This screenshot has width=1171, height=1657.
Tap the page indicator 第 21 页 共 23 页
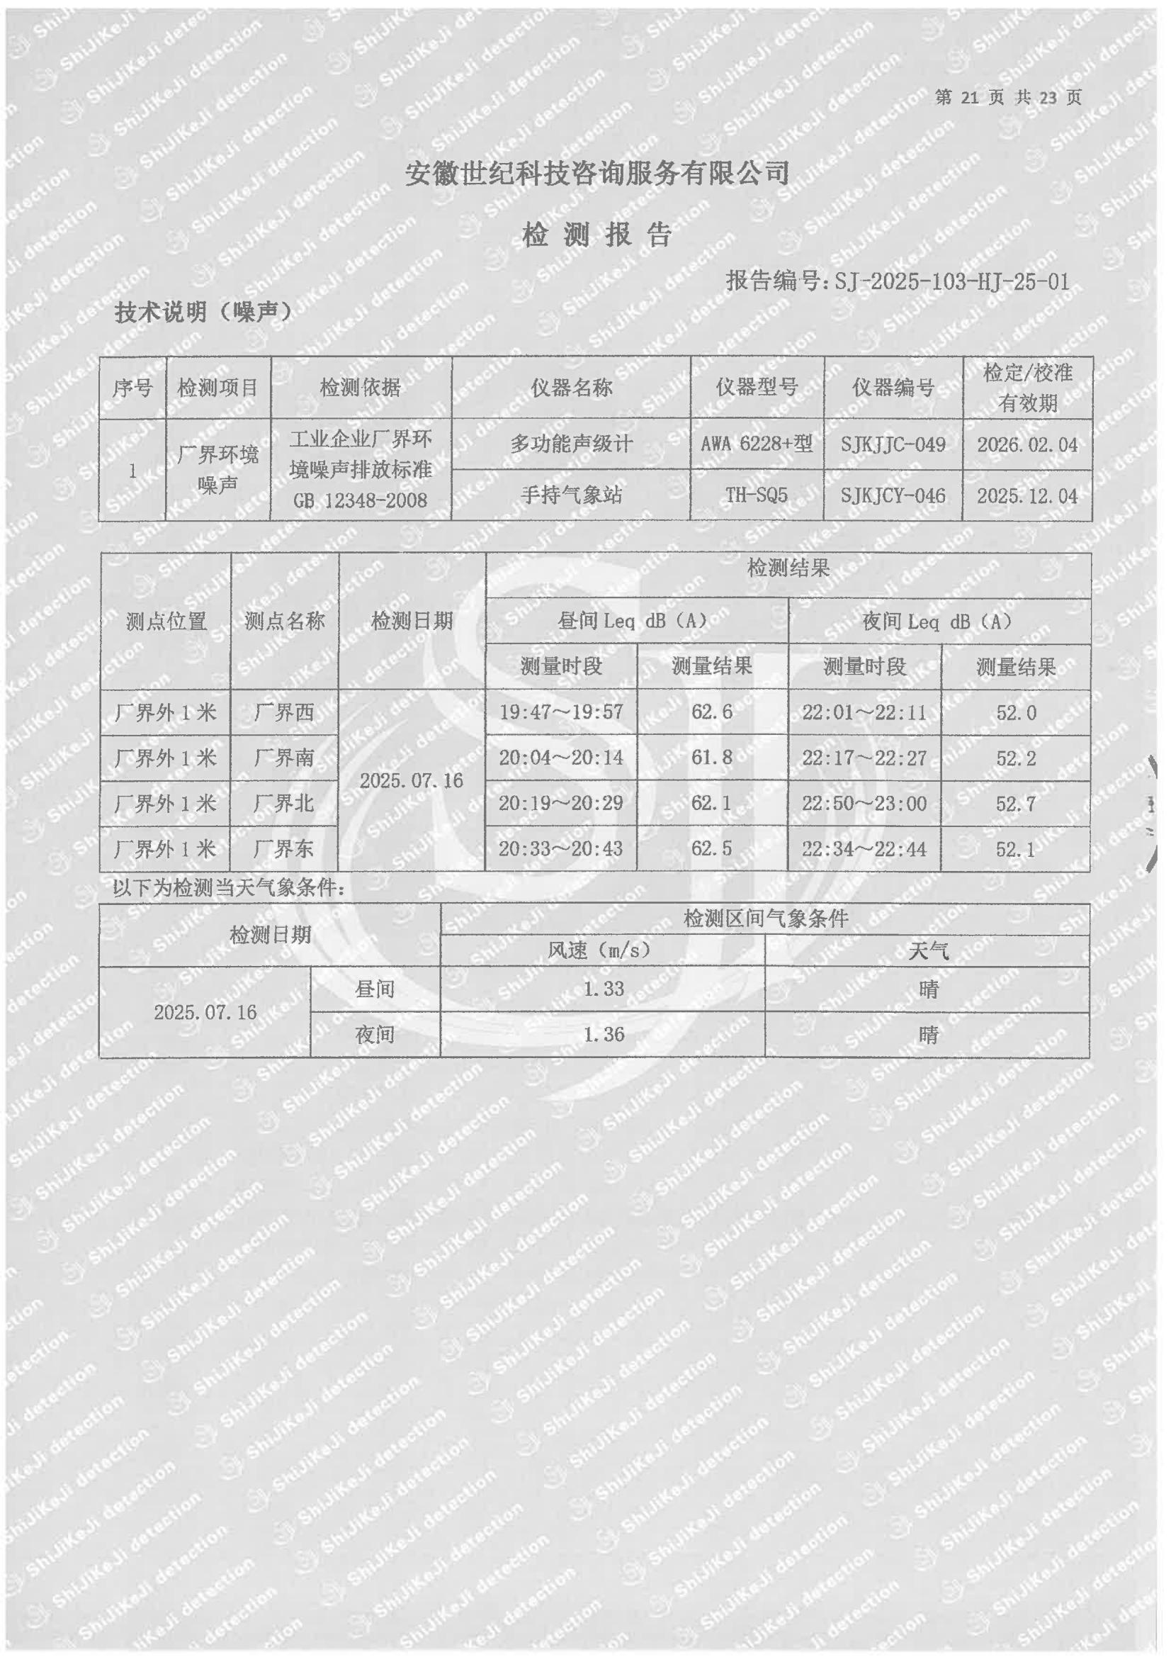pyautogui.click(x=1008, y=97)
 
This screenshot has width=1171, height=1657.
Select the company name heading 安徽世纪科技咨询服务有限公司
pyautogui.click(x=596, y=173)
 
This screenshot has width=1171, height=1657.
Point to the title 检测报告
pyautogui.click(x=596, y=235)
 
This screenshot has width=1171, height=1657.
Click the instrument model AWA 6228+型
pyautogui.click(x=756, y=444)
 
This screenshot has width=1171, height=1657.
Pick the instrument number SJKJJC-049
pyautogui.click(x=893, y=444)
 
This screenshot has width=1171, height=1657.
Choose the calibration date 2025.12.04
pyautogui.click(x=1026, y=496)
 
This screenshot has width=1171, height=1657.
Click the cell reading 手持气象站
pyautogui.click(x=571, y=495)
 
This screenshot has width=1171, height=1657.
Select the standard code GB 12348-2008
pyautogui.click(x=360, y=500)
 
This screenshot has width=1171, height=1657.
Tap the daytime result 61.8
pyautogui.click(x=711, y=758)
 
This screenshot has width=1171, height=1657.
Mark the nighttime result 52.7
pyautogui.click(x=1016, y=803)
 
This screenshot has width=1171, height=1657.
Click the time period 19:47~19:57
pyautogui.click(x=560, y=712)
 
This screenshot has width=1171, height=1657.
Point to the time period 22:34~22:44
pyautogui.click(x=864, y=849)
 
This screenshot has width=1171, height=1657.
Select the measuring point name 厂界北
pyautogui.click(x=283, y=803)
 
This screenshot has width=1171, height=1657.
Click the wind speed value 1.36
pyautogui.click(x=603, y=1034)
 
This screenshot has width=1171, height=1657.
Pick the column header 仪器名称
pyautogui.click(x=571, y=388)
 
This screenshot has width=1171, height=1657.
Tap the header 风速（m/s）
pyautogui.click(x=601, y=950)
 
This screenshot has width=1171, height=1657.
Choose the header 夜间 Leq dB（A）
pyautogui.click(x=939, y=622)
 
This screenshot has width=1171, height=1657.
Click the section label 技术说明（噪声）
pyautogui.click(x=204, y=312)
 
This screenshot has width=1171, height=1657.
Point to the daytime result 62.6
pyautogui.click(x=711, y=712)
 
